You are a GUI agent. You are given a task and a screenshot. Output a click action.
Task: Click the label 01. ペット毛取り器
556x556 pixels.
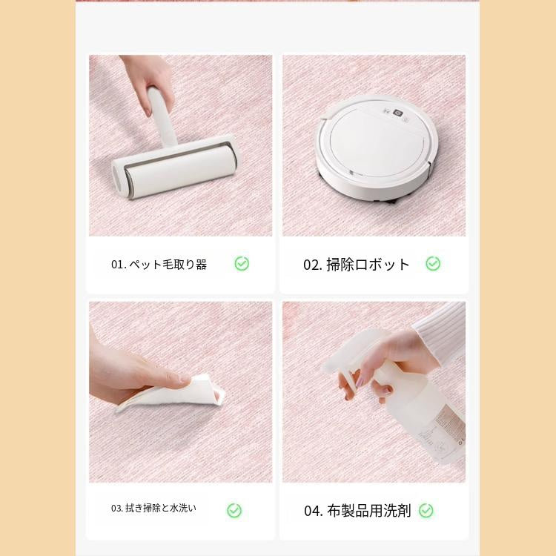pos(159,265)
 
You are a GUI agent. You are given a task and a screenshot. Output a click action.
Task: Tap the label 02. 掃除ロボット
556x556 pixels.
pos(357,265)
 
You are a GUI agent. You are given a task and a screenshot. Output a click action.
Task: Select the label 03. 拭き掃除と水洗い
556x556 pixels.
pos(154,509)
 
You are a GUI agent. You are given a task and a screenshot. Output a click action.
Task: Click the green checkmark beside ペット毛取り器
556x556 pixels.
pos(242,264)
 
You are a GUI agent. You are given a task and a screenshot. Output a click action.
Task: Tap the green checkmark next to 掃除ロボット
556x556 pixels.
pos(433,264)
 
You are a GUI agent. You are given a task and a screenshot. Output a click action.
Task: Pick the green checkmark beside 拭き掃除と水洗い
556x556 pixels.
pos(234,510)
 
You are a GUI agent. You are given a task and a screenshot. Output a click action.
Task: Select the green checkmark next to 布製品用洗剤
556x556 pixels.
pos(426,511)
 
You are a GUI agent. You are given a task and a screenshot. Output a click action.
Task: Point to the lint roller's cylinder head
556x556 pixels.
pos(174,169)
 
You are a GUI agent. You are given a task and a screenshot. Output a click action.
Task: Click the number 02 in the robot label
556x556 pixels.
pos(311,265)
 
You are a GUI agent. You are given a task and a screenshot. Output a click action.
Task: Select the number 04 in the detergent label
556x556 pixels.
pos(312,511)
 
